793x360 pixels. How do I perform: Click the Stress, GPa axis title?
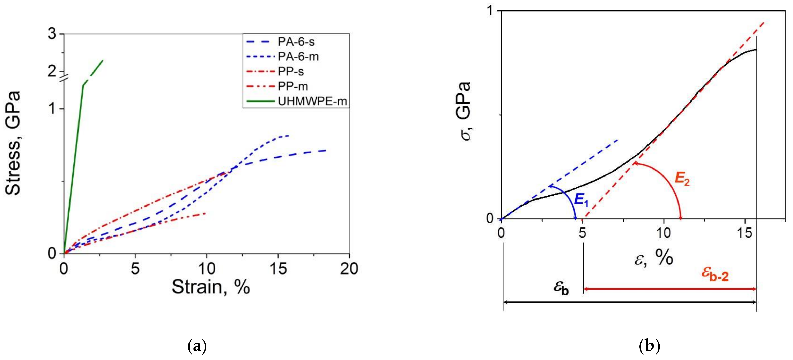point(13,143)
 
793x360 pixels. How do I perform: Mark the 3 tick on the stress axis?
point(53,34)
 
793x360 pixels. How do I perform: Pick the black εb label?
point(561,288)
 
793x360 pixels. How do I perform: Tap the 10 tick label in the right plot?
point(663,233)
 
